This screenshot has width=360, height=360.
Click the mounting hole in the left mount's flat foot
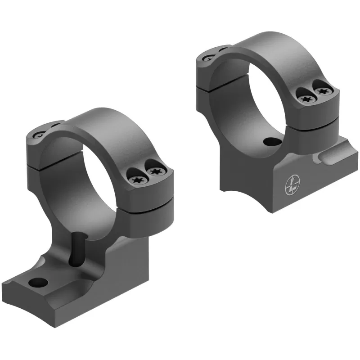tap(38, 283)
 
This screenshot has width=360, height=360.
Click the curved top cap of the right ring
tap(270, 45)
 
